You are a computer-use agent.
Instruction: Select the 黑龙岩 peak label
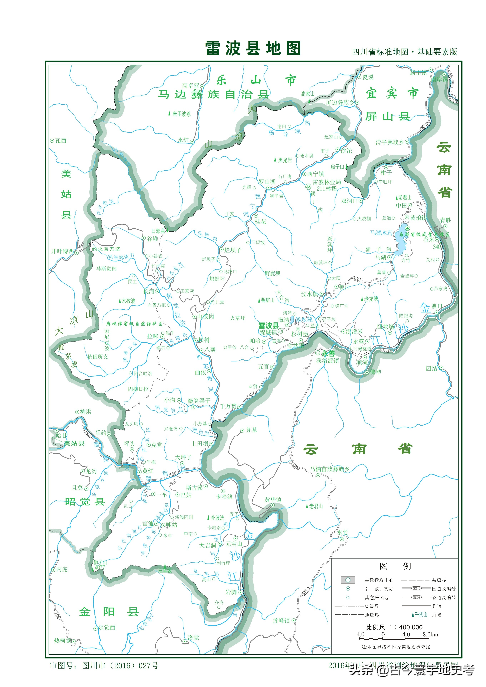point(284,160)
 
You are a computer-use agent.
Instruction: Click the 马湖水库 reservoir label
point(381,233)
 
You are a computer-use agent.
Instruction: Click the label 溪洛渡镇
point(328,361)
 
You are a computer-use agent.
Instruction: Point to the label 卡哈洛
point(224,497)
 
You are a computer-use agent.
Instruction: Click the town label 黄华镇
point(273,500)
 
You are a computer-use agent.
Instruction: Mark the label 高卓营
point(191,86)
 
